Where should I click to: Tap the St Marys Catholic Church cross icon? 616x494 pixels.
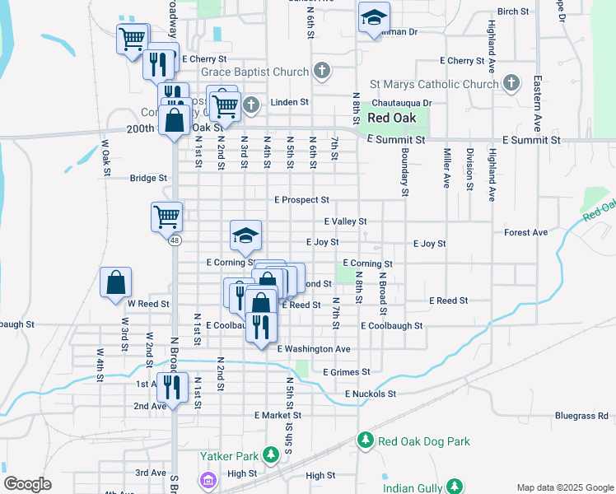click(x=511, y=83)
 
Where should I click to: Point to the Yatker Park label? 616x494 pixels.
click(x=230, y=454)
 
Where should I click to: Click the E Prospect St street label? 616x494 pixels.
click(x=301, y=200)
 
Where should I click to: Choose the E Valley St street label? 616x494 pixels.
click(x=345, y=221)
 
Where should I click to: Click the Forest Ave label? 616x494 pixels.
click(x=525, y=233)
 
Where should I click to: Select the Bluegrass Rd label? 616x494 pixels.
click(x=581, y=416)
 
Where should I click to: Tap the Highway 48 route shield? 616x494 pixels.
click(x=175, y=240)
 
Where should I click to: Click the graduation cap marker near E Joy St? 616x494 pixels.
click(x=245, y=236)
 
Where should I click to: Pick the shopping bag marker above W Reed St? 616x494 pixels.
click(x=115, y=282)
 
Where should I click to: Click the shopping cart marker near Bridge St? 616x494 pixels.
click(x=166, y=217)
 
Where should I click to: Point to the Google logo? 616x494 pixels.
click(x=28, y=484)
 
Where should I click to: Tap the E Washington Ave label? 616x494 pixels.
click(x=314, y=349)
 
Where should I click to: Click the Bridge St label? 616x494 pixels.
click(x=148, y=178)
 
